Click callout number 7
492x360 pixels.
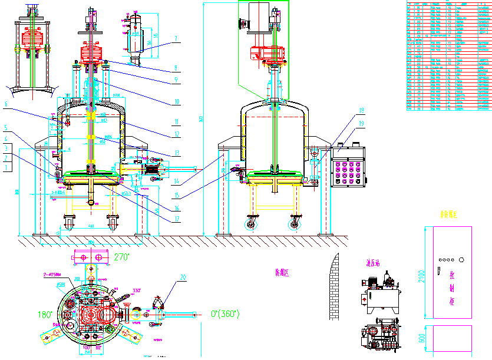click(175, 39)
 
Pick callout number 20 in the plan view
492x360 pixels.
click(183, 277)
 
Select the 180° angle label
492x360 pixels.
click(45, 314)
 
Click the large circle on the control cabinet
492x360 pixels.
click(462, 259)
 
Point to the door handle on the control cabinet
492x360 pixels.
click(438, 270)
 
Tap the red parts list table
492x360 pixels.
click(448, 55)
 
